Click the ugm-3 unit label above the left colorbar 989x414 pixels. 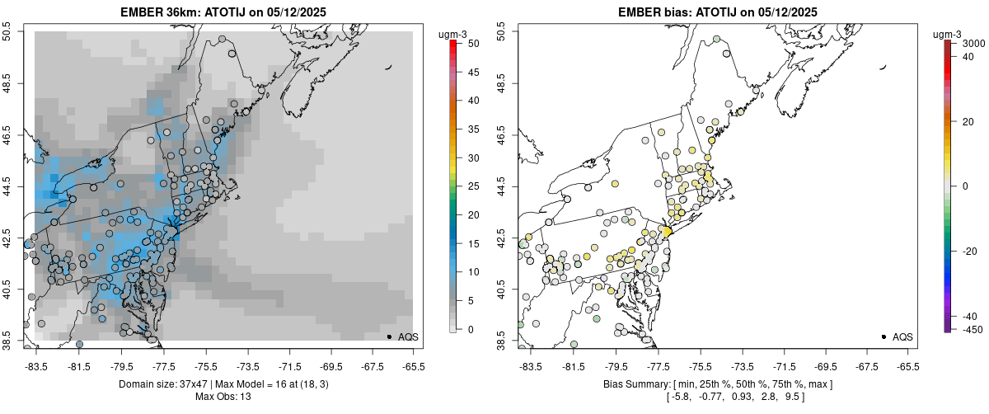click(452, 34)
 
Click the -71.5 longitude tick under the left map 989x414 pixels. click(289, 366)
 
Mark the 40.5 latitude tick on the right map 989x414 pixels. click(503, 290)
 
